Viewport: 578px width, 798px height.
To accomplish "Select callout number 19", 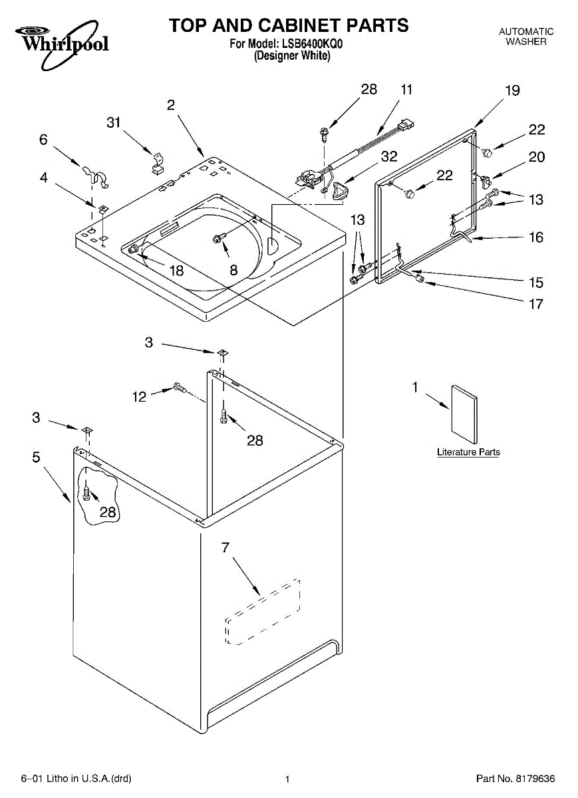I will pos(512,91).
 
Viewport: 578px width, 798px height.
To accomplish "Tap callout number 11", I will pos(406,89).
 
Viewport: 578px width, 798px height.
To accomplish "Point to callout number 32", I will pos(389,157).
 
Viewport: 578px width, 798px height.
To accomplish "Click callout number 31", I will pos(114,122).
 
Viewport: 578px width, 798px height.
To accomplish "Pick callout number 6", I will pos(44,139).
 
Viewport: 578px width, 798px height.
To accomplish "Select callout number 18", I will pos(176,271).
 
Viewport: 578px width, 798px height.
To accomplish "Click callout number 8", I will pos(233,270).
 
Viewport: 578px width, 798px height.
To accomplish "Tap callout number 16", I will pos(535,237).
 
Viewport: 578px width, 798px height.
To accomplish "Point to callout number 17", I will pos(535,304).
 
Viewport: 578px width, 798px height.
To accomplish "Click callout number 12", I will pos(139,397).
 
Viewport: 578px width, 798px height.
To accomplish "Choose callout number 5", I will pos(36,457).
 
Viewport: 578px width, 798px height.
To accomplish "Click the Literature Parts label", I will pos(468,452).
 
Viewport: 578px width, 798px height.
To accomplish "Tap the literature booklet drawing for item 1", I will pos(464,414).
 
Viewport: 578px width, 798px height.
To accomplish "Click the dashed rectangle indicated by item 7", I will pos(263,612).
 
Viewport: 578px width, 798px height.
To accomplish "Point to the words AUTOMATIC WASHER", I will pos(526,37).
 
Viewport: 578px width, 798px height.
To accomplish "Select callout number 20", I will pos(536,157).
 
